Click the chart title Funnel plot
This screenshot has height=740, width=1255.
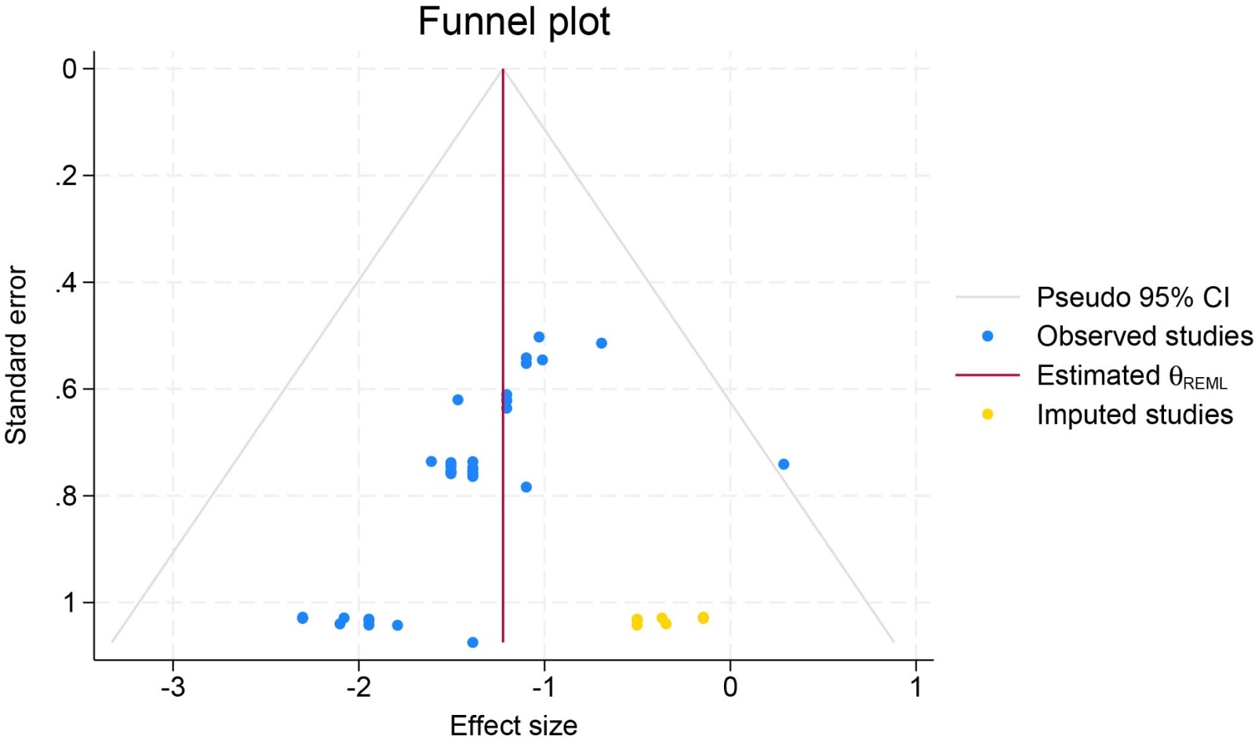pyautogui.click(x=514, y=22)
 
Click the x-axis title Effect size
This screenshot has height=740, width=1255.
pyautogui.click(x=514, y=725)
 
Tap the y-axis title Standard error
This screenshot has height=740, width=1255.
pyautogui.click(x=16, y=355)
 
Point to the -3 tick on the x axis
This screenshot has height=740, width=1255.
pyautogui.click(x=173, y=687)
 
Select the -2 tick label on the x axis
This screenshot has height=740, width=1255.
pyautogui.click(x=358, y=687)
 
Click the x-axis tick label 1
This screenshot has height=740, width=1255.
pyautogui.click(x=915, y=687)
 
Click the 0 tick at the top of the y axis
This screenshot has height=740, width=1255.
pyautogui.click(x=71, y=69)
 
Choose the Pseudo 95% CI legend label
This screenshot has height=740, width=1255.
pyautogui.click(x=1133, y=298)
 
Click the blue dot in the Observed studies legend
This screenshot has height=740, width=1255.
pyautogui.click(x=988, y=336)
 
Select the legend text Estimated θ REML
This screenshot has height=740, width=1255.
pyautogui.click(x=1131, y=376)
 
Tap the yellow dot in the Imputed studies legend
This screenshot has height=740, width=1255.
pyautogui.click(x=988, y=414)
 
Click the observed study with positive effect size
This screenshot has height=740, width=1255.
pyautogui.click(x=784, y=464)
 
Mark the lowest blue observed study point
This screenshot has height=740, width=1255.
pyautogui.click(x=472, y=643)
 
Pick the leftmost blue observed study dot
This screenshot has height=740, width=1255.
pyautogui.click(x=303, y=618)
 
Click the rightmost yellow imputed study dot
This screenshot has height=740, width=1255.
pyautogui.click(x=704, y=618)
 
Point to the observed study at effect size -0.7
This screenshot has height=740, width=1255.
pyautogui.click(x=602, y=343)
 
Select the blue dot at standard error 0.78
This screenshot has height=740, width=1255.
pyautogui.click(x=526, y=487)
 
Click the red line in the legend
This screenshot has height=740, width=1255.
pyautogui.click(x=988, y=375)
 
